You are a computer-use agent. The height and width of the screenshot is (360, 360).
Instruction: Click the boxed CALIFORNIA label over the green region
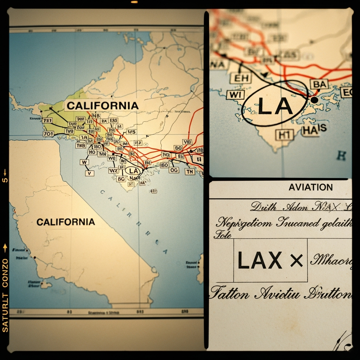click(x=102, y=105)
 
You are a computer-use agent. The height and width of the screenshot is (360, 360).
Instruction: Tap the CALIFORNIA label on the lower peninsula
click(x=66, y=222)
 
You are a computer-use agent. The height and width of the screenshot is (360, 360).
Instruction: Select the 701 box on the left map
click(x=48, y=134)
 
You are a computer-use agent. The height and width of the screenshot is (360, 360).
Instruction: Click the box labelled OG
click(x=174, y=170)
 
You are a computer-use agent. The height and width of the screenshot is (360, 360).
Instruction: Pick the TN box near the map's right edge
click(x=190, y=172)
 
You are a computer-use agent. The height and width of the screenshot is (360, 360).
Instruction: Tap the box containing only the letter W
click(x=84, y=162)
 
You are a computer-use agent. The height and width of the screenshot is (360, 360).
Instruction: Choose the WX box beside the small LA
click(x=113, y=171)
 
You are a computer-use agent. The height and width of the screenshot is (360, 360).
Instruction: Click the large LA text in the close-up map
click(x=275, y=105)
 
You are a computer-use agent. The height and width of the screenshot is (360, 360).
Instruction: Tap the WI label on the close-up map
click(x=236, y=95)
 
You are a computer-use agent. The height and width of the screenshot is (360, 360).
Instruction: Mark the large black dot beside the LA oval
click(x=314, y=100)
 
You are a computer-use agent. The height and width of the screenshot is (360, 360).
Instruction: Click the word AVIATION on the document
click(x=310, y=187)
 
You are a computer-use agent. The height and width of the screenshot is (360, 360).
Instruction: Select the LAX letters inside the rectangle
click(x=260, y=260)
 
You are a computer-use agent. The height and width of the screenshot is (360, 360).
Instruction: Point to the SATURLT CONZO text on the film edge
click(x=5, y=295)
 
